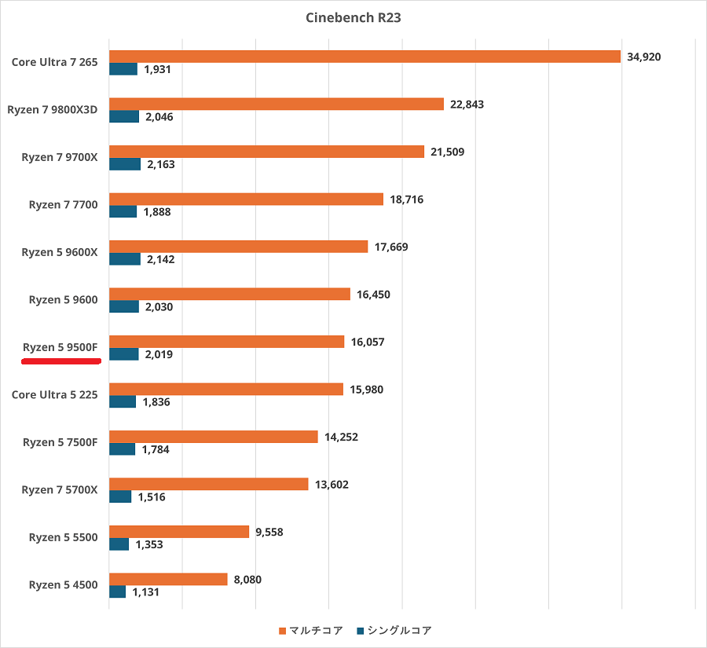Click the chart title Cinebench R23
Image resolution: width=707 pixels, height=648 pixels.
(x=353, y=17)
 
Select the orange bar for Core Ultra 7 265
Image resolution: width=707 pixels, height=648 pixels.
(x=365, y=57)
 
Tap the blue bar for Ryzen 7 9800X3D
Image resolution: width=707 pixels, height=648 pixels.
(x=124, y=116)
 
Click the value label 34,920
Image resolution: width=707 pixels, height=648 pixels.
(x=644, y=57)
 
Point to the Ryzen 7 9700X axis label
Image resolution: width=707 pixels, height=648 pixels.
(x=60, y=157)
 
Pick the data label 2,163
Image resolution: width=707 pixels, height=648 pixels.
(x=159, y=164)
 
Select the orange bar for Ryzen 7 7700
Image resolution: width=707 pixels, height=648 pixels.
(x=246, y=200)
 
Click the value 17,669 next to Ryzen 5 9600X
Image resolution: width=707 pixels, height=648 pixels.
(x=391, y=247)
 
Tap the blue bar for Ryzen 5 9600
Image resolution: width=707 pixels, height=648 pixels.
(x=124, y=306)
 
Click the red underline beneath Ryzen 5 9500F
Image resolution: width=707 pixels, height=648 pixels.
(x=61, y=361)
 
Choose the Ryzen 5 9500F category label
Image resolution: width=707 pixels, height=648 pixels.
(x=60, y=346)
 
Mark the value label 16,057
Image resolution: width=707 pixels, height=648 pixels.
(x=368, y=342)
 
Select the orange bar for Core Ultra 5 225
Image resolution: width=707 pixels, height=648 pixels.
(x=226, y=389)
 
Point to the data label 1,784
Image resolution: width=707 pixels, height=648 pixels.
(x=156, y=449)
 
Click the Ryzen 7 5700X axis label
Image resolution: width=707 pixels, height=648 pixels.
(x=60, y=489)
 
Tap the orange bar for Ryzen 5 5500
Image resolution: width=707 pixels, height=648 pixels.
(x=179, y=532)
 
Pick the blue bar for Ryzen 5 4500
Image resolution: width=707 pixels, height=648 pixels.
(x=117, y=591)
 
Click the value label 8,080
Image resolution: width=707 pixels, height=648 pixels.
(x=247, y=580)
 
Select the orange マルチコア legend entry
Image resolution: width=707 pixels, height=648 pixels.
(x=311, y=630)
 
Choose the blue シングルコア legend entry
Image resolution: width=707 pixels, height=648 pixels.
(x=394, y=630)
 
